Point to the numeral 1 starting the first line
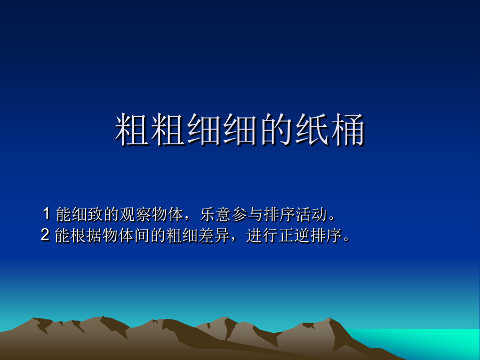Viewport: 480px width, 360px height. click(46, 214)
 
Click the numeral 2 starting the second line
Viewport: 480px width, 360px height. click(45, 235)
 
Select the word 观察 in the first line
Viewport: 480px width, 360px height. click(135, 214)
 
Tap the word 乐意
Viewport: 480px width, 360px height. click(215, 214)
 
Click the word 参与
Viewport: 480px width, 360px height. click(247, 214)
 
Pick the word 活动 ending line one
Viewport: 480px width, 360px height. click(311, 214)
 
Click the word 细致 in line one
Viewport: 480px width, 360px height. click(87, 214)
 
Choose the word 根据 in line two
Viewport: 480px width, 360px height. click(86, 236)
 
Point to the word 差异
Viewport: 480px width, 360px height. click(214, 236)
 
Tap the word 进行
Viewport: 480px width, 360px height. click(262, 236)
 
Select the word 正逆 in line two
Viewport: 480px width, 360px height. click(294, 236)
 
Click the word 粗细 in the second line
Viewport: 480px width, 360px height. click(182, 236)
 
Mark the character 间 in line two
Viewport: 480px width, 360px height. click(142, 236)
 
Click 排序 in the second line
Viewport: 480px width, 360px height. click(326, 236)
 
